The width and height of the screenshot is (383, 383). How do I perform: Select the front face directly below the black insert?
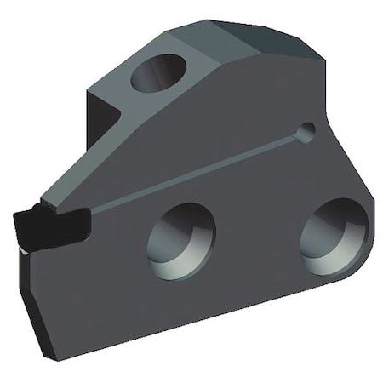pos(77,272)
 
